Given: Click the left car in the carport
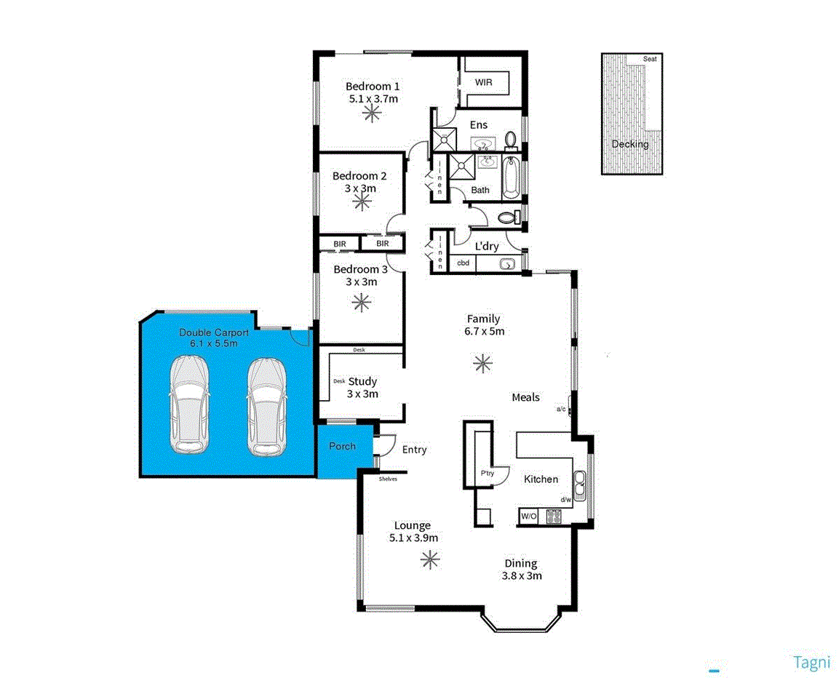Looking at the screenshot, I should point(189,405).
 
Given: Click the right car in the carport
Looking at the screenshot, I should point(266,405).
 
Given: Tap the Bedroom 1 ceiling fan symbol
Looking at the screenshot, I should point(373,111).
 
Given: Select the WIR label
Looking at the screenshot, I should point(483,82).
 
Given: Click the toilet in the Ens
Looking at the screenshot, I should point(509,137).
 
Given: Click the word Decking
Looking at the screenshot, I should point(629,144).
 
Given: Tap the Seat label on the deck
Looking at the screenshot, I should point(650,59).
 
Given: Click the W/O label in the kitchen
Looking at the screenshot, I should point(529,517).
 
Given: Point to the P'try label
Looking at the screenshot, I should point(488,474).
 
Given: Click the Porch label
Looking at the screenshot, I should point(342,445).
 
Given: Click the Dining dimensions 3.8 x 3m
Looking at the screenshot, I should point(521,575).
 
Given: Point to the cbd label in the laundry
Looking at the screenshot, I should point(463,263).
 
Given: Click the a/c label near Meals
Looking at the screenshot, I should point(561,409).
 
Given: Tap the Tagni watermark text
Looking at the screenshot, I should point(811,662).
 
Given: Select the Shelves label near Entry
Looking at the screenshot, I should point(388,479).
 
